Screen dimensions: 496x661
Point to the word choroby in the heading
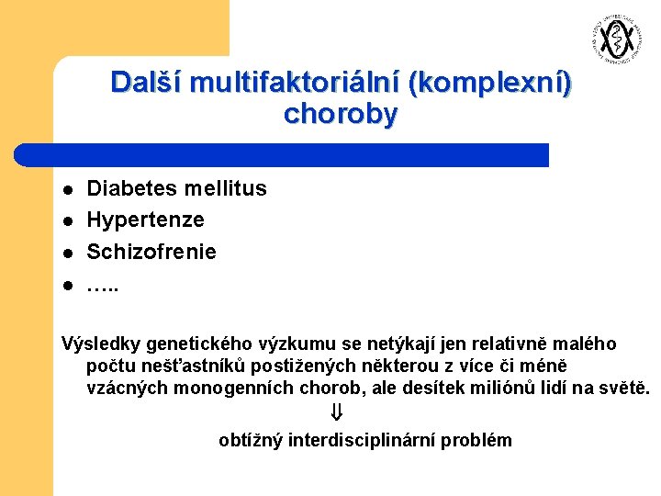tap(341, 114)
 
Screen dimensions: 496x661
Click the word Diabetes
tap(132, 188)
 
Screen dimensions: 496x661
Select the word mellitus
tap(226, 188)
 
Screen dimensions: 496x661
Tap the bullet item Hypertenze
tap(145, 220)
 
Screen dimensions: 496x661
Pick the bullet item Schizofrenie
tap(151, 251)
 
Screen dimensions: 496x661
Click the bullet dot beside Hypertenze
tap(67, 221)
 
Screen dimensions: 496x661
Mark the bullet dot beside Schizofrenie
tap(67, 253)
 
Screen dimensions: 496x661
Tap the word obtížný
tap(251, 440)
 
